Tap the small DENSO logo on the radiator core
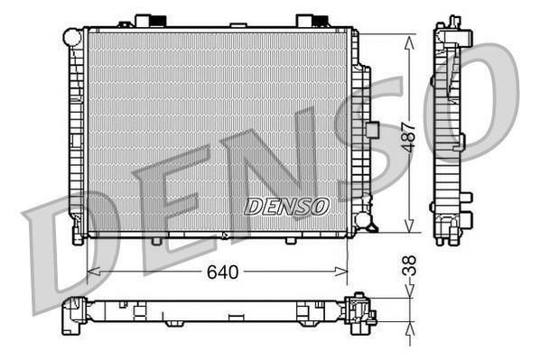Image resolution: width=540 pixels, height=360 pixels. coord(286,207)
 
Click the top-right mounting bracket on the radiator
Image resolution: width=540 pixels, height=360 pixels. coord(307,20)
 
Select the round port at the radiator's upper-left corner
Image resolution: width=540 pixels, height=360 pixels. coord(71,37)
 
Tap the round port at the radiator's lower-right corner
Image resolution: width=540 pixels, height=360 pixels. coord(363,219)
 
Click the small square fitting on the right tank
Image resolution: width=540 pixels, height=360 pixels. coord(371,129)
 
